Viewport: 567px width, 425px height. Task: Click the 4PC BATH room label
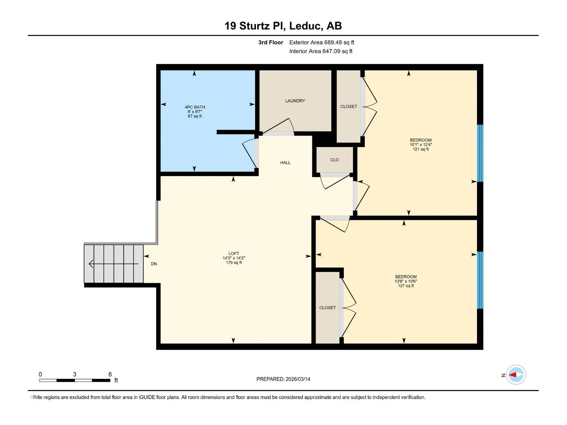tap(195, 107)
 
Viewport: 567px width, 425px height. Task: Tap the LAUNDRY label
tap(295, 101)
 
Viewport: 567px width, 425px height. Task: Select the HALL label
tap(285, 163)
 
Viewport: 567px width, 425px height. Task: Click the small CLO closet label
tap(335, 160)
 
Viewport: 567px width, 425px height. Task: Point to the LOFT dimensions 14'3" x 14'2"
tap(234, 258)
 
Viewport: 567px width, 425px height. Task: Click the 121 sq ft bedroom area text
tap(421, 149)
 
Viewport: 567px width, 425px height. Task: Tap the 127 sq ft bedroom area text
tap(405, 286)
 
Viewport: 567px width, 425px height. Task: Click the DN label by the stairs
tap(154, 264)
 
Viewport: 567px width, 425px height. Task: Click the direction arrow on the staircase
tap(113, 264)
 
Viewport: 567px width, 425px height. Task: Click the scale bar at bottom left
tap(75, 380)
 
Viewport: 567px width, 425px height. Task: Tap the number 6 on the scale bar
tap(110, 374)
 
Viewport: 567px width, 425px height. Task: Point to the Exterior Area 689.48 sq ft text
tap(322, 42)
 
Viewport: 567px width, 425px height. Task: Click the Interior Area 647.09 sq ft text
tap(321, 51)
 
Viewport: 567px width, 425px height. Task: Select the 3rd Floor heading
tap(270, 42)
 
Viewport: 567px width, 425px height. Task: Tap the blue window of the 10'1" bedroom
tap(480, 153)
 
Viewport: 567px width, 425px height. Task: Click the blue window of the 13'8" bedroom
tap(480, 280)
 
